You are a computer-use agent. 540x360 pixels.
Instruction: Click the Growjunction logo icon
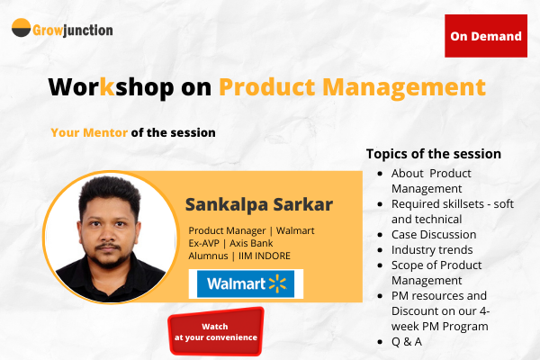point(22,29)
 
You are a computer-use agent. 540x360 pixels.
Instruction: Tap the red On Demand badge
point(486,36)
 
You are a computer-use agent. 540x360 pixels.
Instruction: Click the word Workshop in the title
point(100,87)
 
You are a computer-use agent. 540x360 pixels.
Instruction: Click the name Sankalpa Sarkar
point(258,203)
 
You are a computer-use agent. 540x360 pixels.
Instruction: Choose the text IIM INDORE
point(271,256)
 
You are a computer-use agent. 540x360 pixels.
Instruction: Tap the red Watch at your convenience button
point(215,331)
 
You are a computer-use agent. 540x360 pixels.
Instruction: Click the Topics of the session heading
point(434,154)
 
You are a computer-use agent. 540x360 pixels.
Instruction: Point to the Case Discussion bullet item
point(435,234)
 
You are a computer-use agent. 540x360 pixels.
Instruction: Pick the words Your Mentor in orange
point(89,132)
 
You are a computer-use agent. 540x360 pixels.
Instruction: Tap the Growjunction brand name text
point(75,30)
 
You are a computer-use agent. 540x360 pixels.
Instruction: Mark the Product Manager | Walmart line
point(245,230)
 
